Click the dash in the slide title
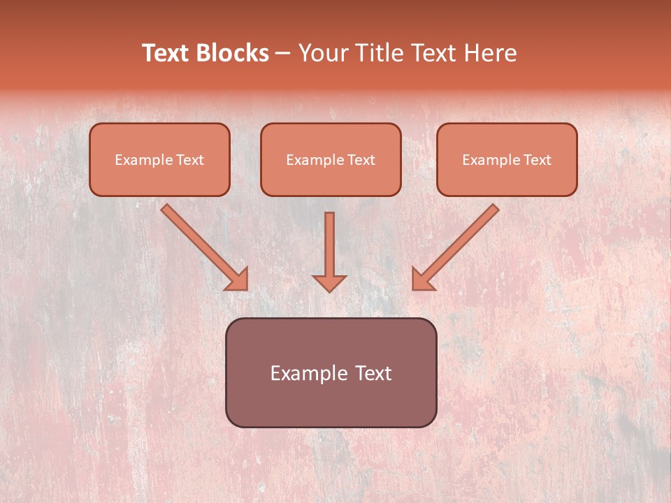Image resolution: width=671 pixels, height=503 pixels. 283,53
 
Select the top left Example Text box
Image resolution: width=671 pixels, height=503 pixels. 159,159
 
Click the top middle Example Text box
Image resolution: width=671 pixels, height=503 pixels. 331,159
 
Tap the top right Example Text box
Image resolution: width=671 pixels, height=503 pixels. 507,159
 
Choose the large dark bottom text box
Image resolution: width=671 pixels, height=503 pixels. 331,372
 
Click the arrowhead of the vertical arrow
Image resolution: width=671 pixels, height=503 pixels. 329,283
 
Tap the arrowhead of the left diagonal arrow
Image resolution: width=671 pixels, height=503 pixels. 238,279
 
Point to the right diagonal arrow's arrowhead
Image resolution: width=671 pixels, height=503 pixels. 422,279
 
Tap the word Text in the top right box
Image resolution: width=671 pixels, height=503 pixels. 537,160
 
